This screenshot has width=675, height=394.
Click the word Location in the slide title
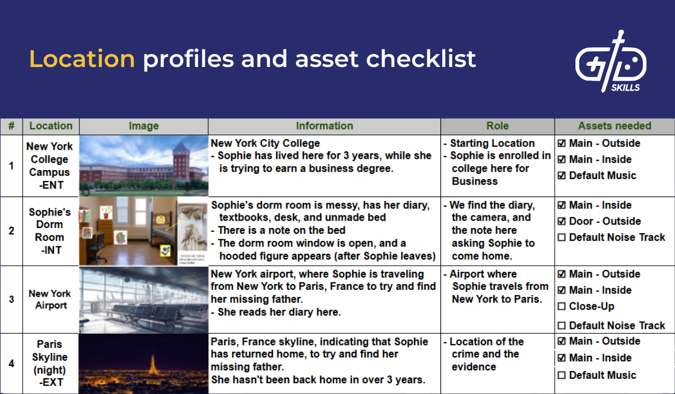[82, 59]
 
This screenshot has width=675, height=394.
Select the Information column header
[325, 126]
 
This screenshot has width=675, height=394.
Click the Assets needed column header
[614, 126]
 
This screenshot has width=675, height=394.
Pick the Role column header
[497, 126]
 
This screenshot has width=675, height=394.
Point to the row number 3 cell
[11, 299]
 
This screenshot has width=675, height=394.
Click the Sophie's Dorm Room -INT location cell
[50, 231]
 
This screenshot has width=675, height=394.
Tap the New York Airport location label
[50, 299]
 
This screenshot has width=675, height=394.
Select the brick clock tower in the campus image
[181, 163]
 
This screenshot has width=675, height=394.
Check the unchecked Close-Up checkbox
[561, 307]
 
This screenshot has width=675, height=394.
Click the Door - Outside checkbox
[561, 221]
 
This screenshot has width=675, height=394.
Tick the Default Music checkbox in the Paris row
[561, 375]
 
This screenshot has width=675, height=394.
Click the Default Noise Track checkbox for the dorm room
[561, 238]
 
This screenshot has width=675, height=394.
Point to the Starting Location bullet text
[492, 144]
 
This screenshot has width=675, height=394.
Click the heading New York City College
[265, 144]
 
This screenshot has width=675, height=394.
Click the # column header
[11, 126]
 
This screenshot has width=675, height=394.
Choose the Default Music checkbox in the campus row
[561, 176]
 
